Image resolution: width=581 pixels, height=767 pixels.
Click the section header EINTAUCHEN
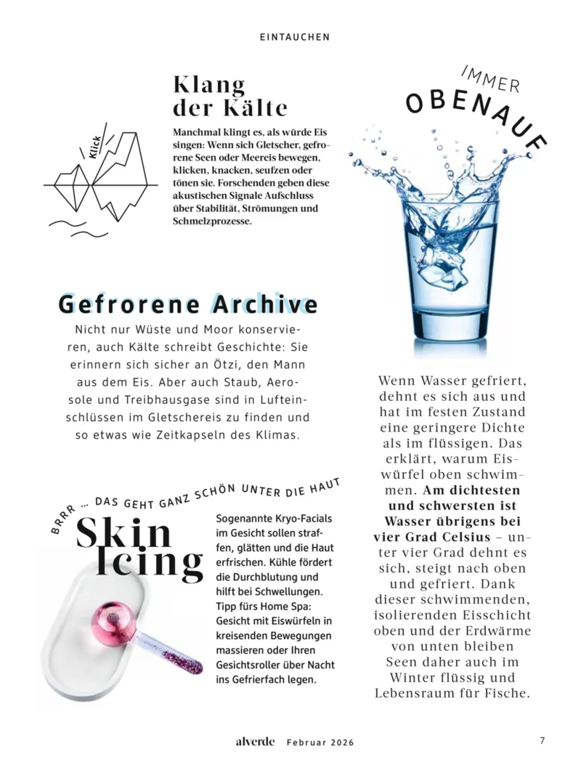click(x=295, y=36)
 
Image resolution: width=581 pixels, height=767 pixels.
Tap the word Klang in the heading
click(x=209, y=84)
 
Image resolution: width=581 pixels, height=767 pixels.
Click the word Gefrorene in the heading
click(x=129, y=304)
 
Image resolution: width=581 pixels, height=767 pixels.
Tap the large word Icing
click(x=150, y=563)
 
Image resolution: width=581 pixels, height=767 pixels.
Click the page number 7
click(x=542, y=741)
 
